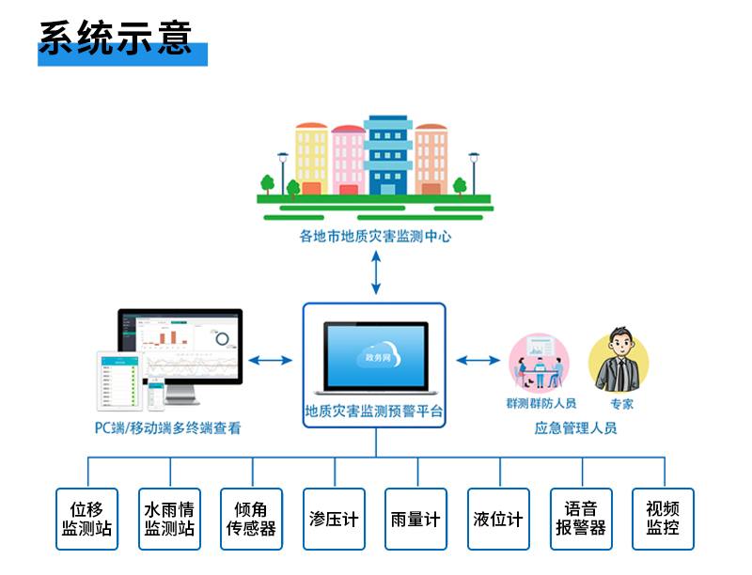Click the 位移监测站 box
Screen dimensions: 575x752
click(x=87, y=519)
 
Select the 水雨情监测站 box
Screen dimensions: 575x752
click(x=169, y=519)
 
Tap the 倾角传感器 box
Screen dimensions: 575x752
click(x=251, y=519)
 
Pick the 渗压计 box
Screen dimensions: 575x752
click(x=334, y=519)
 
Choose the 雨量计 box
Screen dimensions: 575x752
click(x=415, y=519)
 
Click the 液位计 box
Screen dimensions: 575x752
click(x=498, y=519)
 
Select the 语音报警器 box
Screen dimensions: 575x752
click(x=581, y=519)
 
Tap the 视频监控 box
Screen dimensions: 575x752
click(x=663, y=519)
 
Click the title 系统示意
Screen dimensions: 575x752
click(x=116, y=37)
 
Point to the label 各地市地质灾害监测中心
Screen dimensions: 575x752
click(x=375, y=237)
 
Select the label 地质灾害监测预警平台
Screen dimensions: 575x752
click(x=374, y=411)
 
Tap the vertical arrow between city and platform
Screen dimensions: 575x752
click(x=375, y=272)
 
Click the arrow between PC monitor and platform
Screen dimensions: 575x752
click(x=272, y=359)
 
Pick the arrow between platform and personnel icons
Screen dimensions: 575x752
click(x=478, y=359)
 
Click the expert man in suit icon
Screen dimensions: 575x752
click(x=618, y=361)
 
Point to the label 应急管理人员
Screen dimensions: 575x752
click(x=576, y=428)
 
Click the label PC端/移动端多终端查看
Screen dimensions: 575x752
click(x=168, y=428)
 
